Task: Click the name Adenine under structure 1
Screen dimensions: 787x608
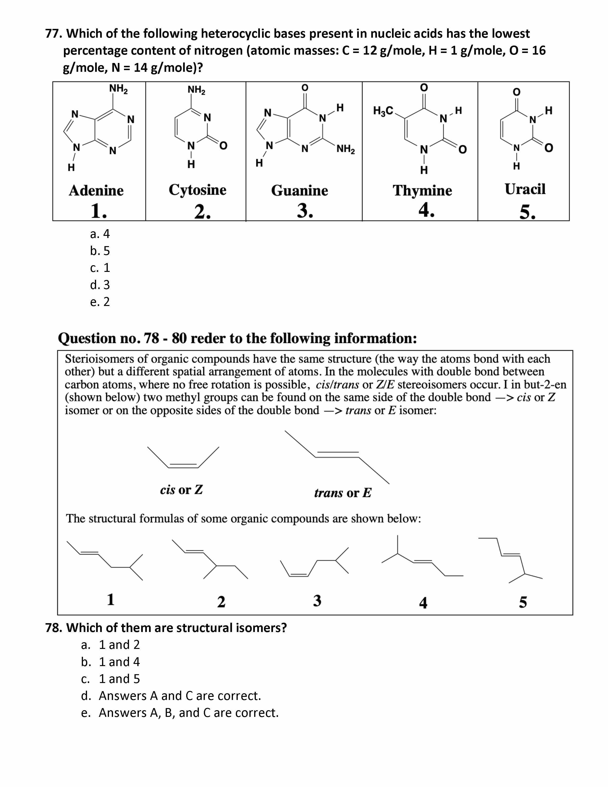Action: click(96, 191)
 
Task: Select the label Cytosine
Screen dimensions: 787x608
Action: click(197, 190)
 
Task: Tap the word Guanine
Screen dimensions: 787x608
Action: click(300, 191)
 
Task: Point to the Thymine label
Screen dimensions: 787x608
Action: click(422, 191)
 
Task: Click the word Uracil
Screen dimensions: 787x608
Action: click(525, 189)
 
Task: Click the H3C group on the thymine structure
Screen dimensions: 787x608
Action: click(383, 111)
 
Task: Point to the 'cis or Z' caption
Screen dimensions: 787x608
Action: click(181, 490)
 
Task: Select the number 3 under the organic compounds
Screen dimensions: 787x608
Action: click(317, 601)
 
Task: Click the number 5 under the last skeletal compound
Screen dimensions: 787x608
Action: click(523, 602)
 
